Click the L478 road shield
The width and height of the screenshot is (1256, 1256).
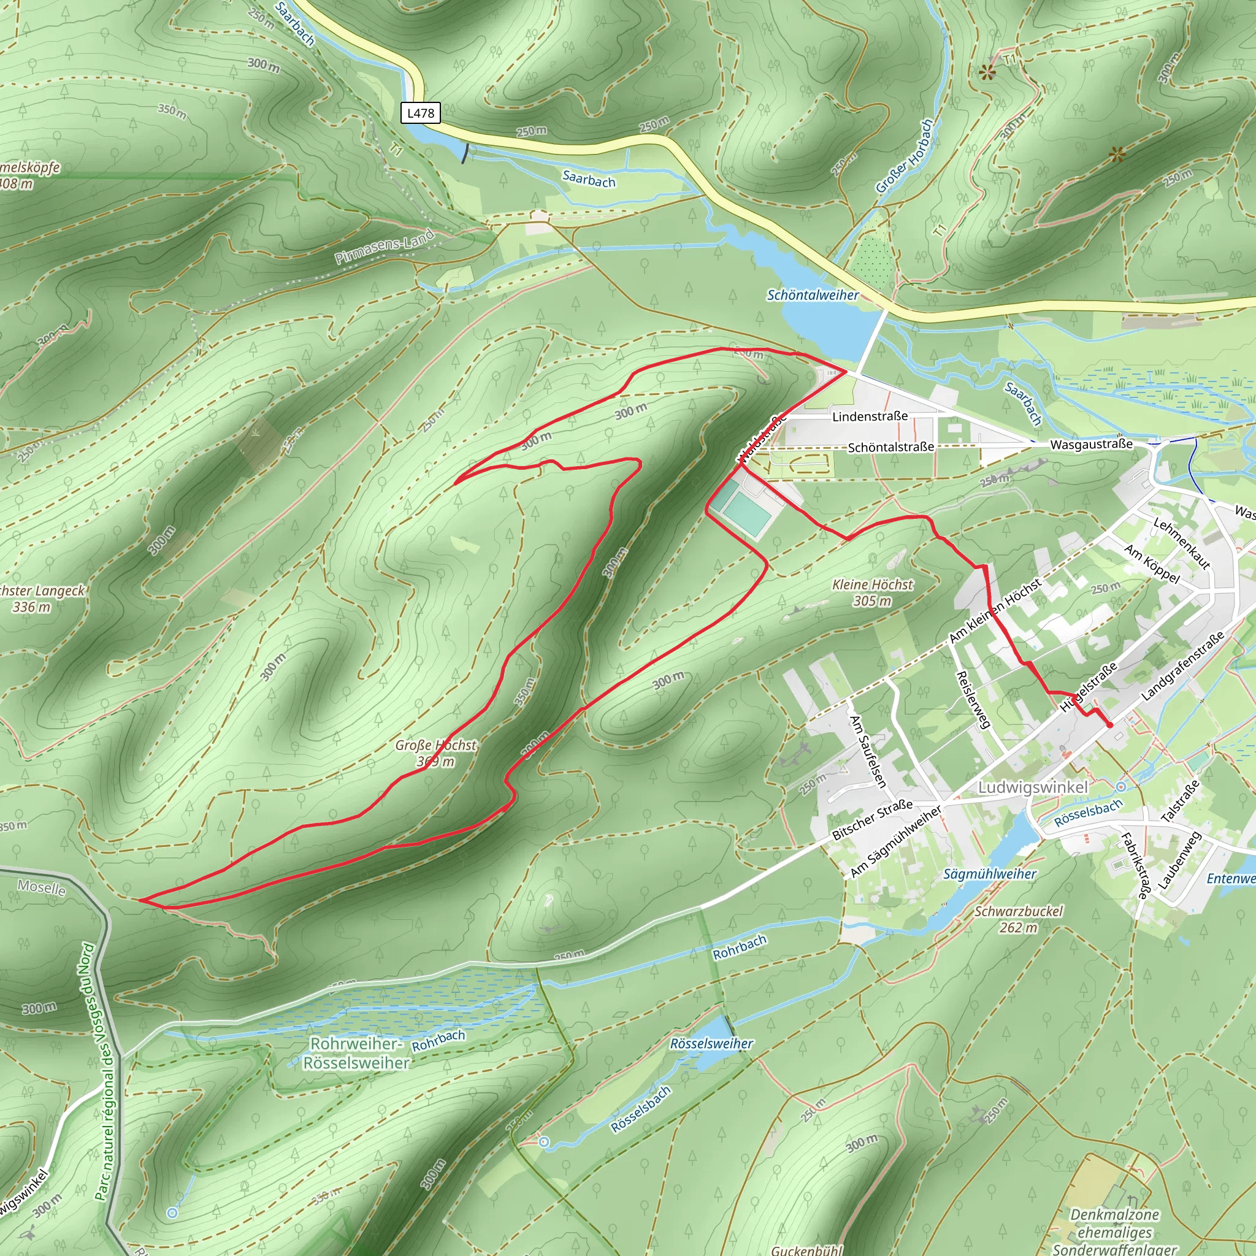[420, 113]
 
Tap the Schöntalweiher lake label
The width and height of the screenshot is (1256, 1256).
[813, 295]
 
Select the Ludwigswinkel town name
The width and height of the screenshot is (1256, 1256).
[1032, 787]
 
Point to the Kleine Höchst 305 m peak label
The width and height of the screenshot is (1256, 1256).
[873, 592]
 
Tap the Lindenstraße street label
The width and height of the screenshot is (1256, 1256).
[870, 416]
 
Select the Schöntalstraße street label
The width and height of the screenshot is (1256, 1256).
[890, 447]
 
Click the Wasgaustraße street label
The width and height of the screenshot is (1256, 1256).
[1092, 444]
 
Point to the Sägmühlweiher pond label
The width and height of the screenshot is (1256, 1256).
[989, 875]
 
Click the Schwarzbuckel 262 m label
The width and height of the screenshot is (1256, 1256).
[1018, 919]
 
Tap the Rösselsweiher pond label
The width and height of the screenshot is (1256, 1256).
[711, 1044]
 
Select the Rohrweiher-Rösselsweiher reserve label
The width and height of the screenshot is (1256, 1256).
[356, 1053]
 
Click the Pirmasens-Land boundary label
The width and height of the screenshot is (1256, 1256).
[384, 247]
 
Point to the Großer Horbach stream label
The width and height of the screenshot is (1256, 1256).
[905, 156]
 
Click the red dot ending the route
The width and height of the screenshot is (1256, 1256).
[1109, 725]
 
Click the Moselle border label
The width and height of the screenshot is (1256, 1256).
[42, 887]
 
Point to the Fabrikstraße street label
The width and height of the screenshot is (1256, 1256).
[1134, 866]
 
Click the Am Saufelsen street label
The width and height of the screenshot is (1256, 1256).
[868, 751]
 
